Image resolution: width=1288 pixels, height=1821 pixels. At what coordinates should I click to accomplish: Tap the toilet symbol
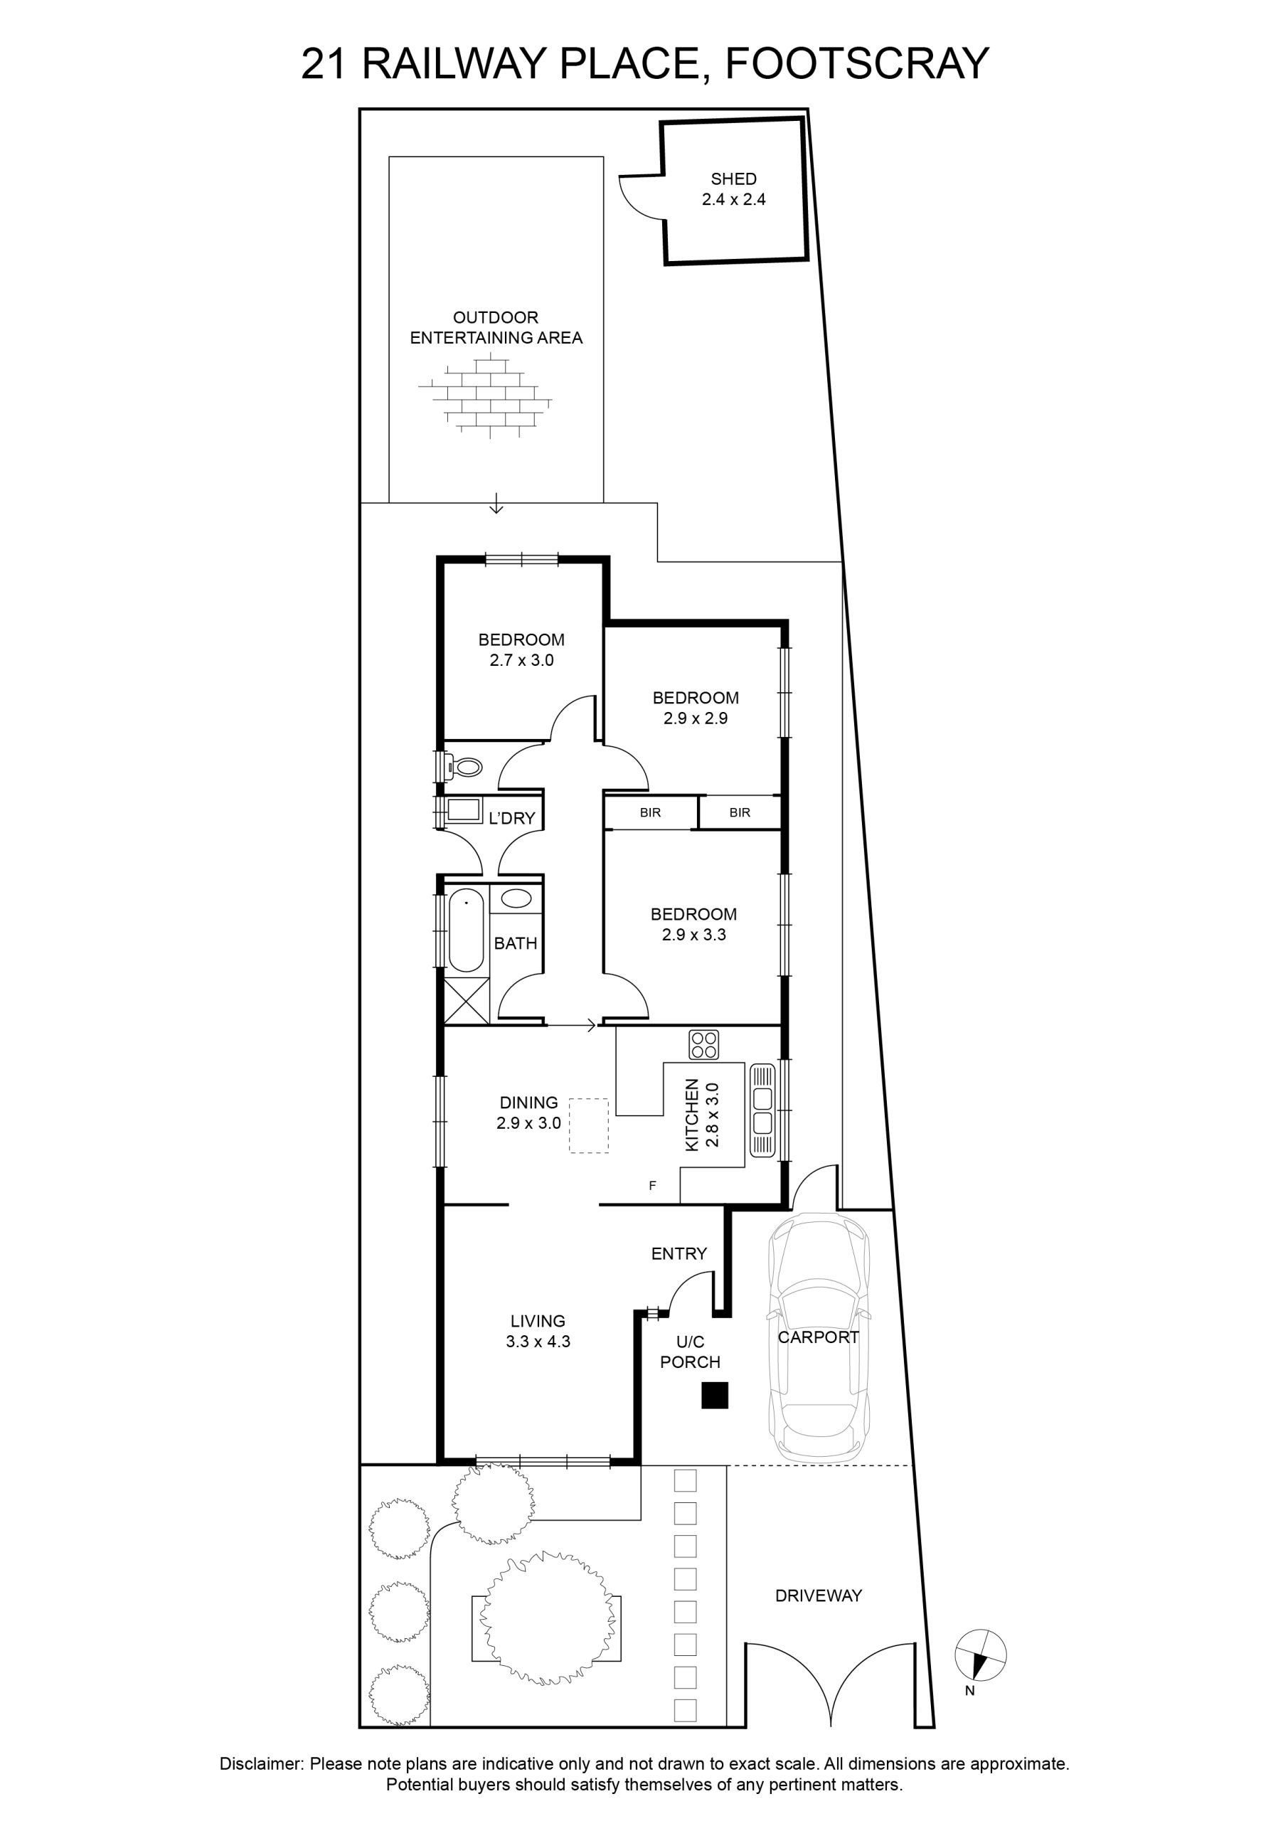point(464,767)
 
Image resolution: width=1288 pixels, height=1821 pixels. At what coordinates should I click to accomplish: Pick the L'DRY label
point(511,818)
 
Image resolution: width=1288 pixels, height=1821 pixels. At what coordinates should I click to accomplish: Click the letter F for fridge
point(653,1186)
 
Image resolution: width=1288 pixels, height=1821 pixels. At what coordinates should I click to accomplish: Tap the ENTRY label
point(679,1254)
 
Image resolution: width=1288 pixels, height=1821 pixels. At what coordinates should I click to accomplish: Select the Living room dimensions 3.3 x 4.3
point(538,1342)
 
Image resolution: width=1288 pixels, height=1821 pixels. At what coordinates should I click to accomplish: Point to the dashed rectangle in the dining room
point(588,1125)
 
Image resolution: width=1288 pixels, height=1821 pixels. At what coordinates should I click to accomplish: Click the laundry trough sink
point(464,809)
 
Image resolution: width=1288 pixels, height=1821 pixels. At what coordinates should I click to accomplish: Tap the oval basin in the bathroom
point(516,898)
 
